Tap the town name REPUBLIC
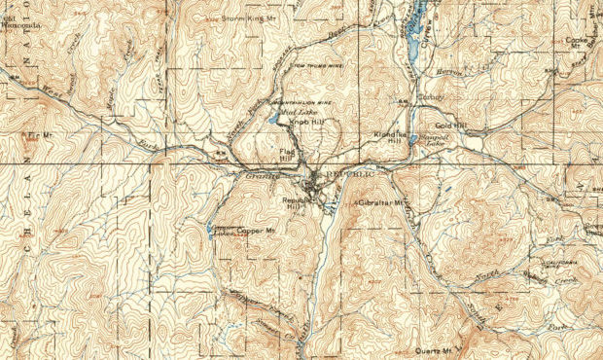click(x=348, y=174)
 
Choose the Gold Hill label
click(x=452, y=126)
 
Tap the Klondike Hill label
click(x=389, y=138)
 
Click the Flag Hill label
click(x=287, y=156)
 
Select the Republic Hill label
click(x=295, y=204)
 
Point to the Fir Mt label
click(x=39, y=132)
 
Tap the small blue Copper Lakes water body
click(x=210, y=231)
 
